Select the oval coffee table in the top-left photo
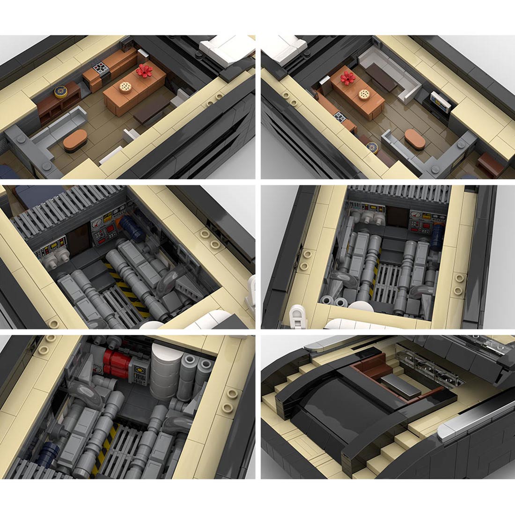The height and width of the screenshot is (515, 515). pyautogui.click(x=75, y=139)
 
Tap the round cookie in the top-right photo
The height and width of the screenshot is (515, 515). pyautogui.click(x=363, y=94)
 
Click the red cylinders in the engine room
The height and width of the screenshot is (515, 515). pyautogui.click(x=115, y=362)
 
